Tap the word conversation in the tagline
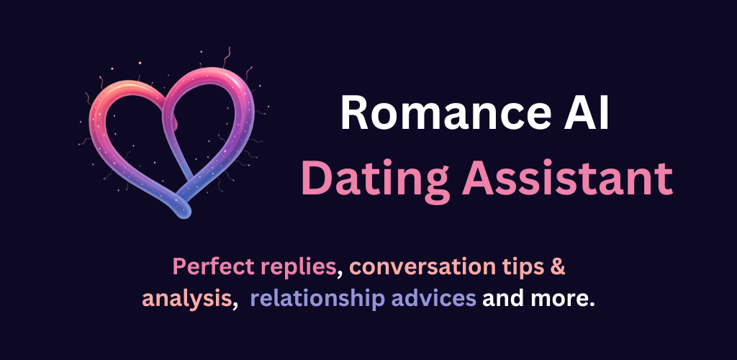[x=422, y=267]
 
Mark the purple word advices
[x=433, y=299]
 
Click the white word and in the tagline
[x=502, y=299]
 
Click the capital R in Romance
[x=353, y=113]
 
